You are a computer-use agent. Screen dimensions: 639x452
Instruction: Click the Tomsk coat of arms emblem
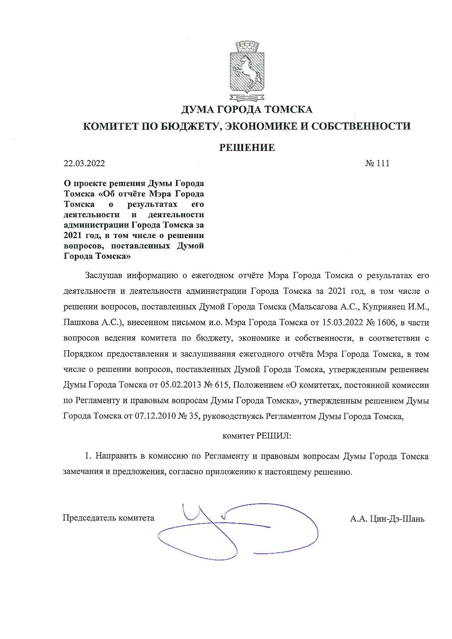[247, 71]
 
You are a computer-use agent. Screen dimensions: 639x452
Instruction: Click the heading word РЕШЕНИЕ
[247, 148]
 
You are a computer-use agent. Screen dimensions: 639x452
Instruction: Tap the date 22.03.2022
[84, 163]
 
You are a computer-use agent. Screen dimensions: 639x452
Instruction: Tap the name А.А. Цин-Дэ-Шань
[387, 518]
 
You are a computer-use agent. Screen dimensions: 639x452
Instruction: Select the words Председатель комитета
[108, 518]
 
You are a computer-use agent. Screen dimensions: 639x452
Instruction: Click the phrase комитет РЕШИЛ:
[257, 436]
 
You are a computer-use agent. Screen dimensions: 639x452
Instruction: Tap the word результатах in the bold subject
[152, 204]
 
